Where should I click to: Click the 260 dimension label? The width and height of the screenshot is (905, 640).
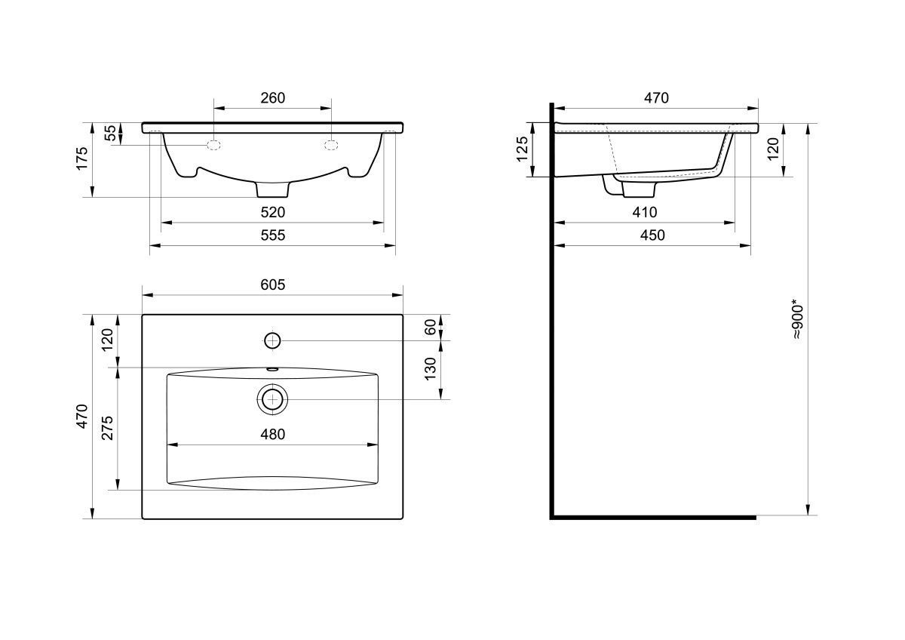tap(273, 98)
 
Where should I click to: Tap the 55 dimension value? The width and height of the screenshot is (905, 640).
tap(110, 133)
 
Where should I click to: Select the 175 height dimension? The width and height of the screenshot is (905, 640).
tap(81, 158)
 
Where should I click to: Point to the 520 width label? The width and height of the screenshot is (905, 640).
tap(273, 212)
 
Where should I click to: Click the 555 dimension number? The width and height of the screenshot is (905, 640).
tap(273, 235)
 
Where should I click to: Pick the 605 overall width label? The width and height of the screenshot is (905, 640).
tap(273, 285)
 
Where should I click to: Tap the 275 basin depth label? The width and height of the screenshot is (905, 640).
tap(107, 428)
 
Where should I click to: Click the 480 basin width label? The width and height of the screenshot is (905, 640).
tap(273, 435)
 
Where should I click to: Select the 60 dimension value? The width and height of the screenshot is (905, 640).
tap(431, 327)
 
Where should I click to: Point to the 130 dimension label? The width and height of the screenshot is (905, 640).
tap(431, 369)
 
